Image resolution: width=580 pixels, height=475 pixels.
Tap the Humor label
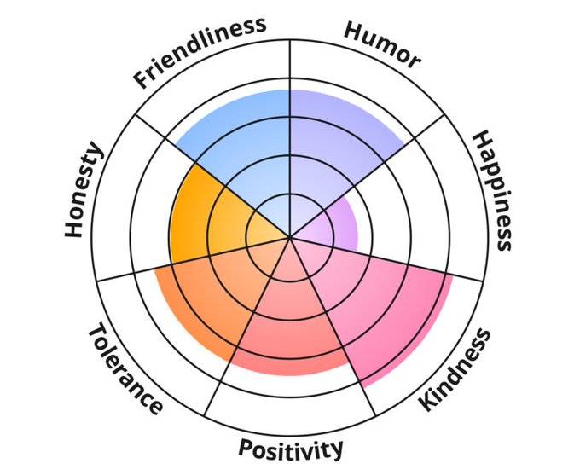click(382, 43)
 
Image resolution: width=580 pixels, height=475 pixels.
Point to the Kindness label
click(456, 369)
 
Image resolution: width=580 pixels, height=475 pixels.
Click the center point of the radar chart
click(290, 237)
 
